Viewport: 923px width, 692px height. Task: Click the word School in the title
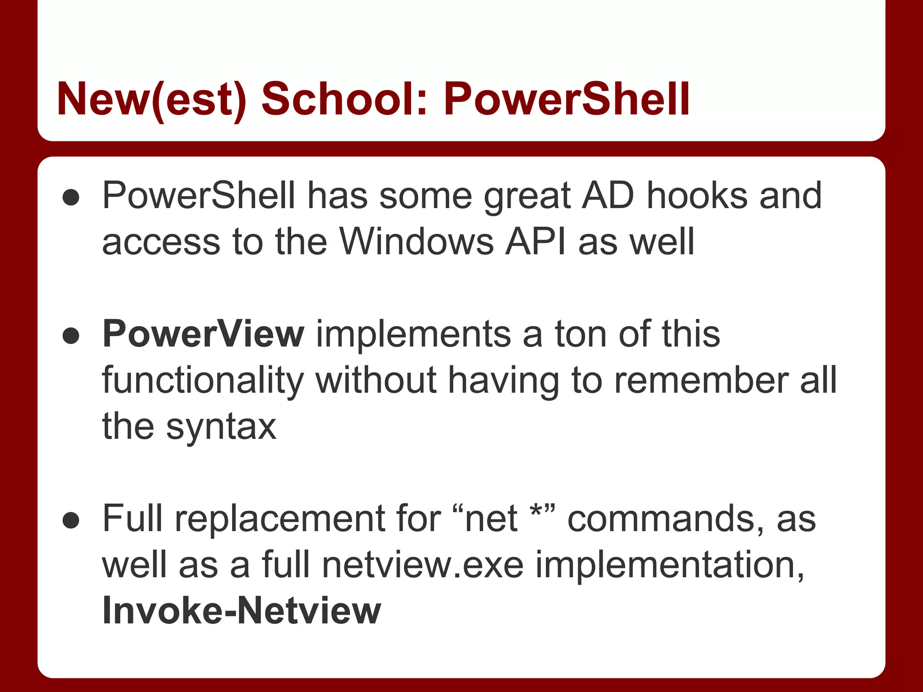344,99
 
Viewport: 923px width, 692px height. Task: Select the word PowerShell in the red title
567,99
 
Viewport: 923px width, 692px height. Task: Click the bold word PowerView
203,334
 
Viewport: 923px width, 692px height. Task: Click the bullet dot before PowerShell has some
71,197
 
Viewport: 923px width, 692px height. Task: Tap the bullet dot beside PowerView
71,336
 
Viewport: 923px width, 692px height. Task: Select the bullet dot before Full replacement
71,520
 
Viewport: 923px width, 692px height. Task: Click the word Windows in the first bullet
416,241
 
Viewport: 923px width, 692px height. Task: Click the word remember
701,380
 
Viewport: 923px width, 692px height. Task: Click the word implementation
669,565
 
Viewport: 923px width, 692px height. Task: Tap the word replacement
280,519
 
